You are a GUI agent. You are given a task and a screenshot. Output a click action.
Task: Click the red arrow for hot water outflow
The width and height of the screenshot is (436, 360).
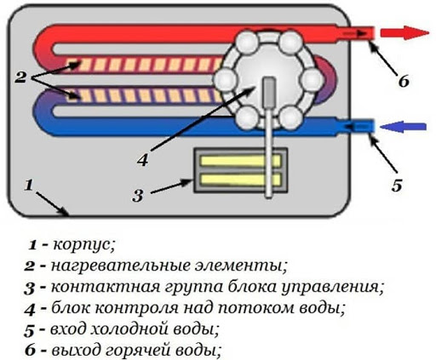pos(404,32)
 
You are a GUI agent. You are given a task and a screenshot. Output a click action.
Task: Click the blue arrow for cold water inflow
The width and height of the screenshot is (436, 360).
pos(403,127)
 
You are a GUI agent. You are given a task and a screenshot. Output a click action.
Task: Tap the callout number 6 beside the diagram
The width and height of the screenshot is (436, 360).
pos(404,82)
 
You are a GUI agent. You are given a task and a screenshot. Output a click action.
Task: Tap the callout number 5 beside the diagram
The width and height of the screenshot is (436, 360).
pos(397,186)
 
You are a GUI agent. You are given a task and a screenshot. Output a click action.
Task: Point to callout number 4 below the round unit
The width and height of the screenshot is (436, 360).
pos(142,160)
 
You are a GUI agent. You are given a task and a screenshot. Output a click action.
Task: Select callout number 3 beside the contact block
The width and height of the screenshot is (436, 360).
pos(138,196)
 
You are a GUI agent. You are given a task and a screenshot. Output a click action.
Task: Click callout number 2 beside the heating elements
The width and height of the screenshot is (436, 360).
pos(20,77)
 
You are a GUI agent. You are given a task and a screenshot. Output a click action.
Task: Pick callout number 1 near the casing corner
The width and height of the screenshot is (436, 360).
pos(29,186)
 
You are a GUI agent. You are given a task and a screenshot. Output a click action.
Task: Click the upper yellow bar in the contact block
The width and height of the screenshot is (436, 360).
pos(240,162)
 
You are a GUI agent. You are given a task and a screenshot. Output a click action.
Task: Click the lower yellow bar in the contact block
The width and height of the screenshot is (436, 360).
pos(240,180)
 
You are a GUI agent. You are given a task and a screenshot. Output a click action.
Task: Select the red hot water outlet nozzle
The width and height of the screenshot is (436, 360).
pos(356,33)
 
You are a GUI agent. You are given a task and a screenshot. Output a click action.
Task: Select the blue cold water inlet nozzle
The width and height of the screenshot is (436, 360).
pos(356,126)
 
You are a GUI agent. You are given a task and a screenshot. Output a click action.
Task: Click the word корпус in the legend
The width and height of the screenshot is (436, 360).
pos(84,245)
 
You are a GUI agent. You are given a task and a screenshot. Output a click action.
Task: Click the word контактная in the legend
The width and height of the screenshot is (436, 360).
pos(106,288)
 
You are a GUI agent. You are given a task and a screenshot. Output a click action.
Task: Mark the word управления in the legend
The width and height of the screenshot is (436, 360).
pos(332,288)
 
